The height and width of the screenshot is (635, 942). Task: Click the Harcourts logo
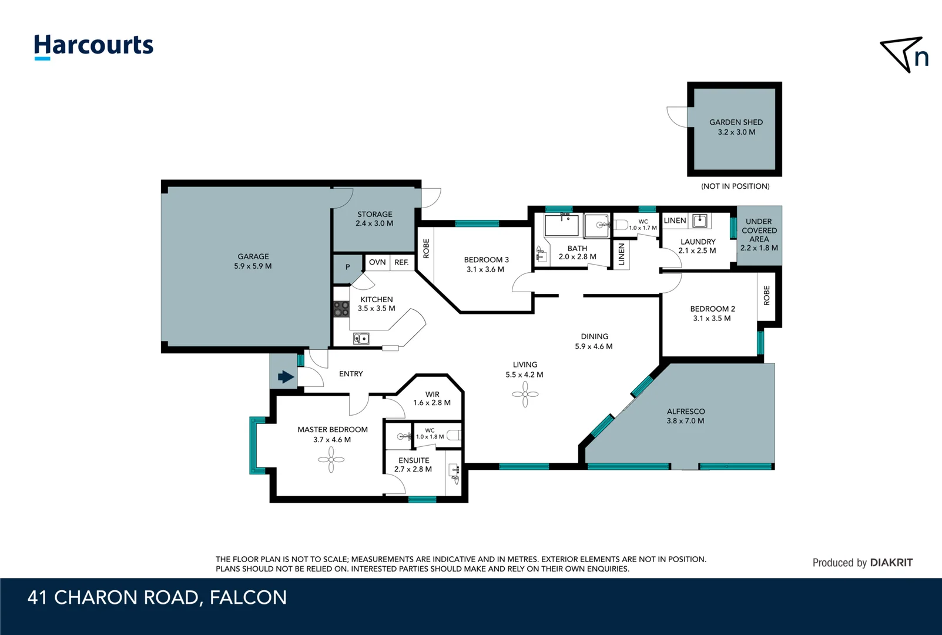click(x=93, y=46)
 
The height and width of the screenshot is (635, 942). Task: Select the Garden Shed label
click(x=736, y=122)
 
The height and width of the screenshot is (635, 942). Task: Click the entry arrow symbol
click(x=286, y=377)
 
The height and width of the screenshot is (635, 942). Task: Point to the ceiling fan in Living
click(x=525, y=395)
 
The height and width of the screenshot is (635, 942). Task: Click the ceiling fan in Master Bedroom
click(x=331, y=460)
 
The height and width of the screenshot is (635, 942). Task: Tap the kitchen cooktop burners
click(x=341, y=309)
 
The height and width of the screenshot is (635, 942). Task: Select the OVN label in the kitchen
click(x=377, y=262)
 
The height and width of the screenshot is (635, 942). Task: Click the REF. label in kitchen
click(x=401, y=262)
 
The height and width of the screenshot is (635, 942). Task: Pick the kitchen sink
click(x=361, y=339)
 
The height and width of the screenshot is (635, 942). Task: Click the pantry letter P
click(x=347, y=267)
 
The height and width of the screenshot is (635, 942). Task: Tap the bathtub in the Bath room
click(x=561, y=226)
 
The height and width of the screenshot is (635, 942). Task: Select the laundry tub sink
click(x=699, y=220)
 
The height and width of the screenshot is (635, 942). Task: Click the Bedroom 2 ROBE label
click(x=766, y=295)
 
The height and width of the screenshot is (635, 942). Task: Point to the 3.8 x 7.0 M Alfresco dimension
click(x=685, y=421)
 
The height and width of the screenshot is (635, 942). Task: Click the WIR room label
click(x=433, y=395)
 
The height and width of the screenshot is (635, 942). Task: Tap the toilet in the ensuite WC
click(x=453, y=436)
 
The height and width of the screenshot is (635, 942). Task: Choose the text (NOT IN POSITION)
click(x=735, y=186)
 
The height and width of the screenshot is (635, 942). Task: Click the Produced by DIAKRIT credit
click(x=862, y=563)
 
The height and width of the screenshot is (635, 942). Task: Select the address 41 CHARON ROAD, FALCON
click(x=157, y=597)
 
